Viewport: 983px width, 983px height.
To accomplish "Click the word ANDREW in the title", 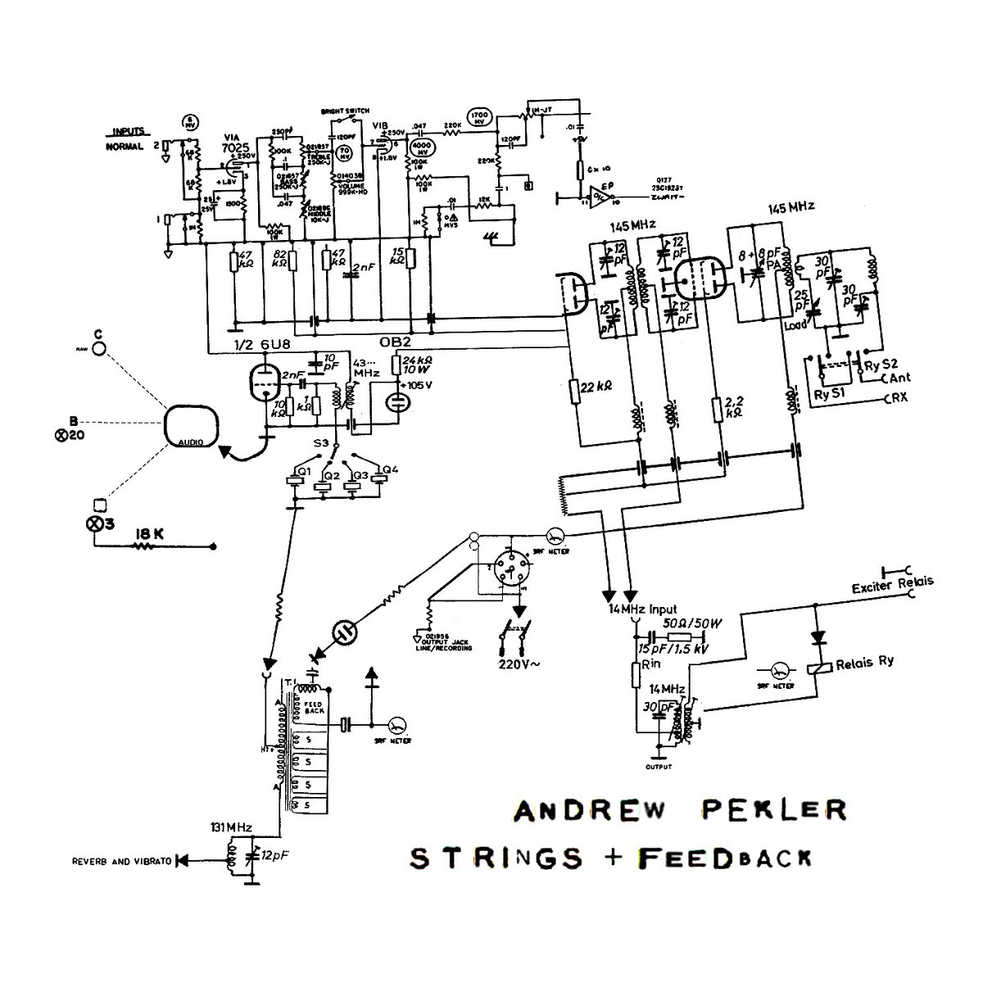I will (x=583, y=810).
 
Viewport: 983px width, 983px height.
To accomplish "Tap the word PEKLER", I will (x=771, y=810).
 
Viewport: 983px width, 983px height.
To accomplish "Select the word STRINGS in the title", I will (x=496, y=857).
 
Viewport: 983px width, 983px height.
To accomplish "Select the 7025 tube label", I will (x=234, y=146).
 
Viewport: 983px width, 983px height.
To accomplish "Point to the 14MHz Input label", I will (x=642, y=610).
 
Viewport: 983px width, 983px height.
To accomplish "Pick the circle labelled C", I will (x=99, y=348).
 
